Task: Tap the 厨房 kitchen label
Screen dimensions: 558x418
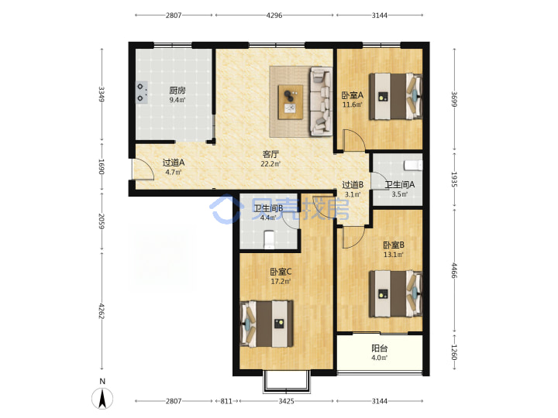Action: tap(177, 91)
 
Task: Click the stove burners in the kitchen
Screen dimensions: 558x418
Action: tap(142, 92)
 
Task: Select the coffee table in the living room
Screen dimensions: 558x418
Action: tap(291, 102)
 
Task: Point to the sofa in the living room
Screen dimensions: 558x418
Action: tap(321, 101)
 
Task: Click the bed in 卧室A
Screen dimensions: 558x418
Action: tap(395, 96)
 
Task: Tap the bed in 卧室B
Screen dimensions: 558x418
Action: tap(395, 293)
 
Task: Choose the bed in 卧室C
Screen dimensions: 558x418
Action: tap(267, 324)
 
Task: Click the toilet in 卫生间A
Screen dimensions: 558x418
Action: tap(413, 166)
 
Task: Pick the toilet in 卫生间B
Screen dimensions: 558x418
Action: tap(269, 239)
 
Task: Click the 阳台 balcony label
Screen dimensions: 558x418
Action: tap(379, 348)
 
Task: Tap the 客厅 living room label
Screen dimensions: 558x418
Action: tap(270, 154)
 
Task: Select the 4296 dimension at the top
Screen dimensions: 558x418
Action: tap(274, 15)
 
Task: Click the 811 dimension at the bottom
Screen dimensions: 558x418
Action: tap(226, 401)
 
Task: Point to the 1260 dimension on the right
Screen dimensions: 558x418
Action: tap(454, 352)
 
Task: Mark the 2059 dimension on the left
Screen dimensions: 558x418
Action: tap(102, 221)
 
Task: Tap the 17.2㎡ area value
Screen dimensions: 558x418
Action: tap(281, 282)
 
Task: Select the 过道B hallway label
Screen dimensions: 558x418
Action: tap(353, 185)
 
